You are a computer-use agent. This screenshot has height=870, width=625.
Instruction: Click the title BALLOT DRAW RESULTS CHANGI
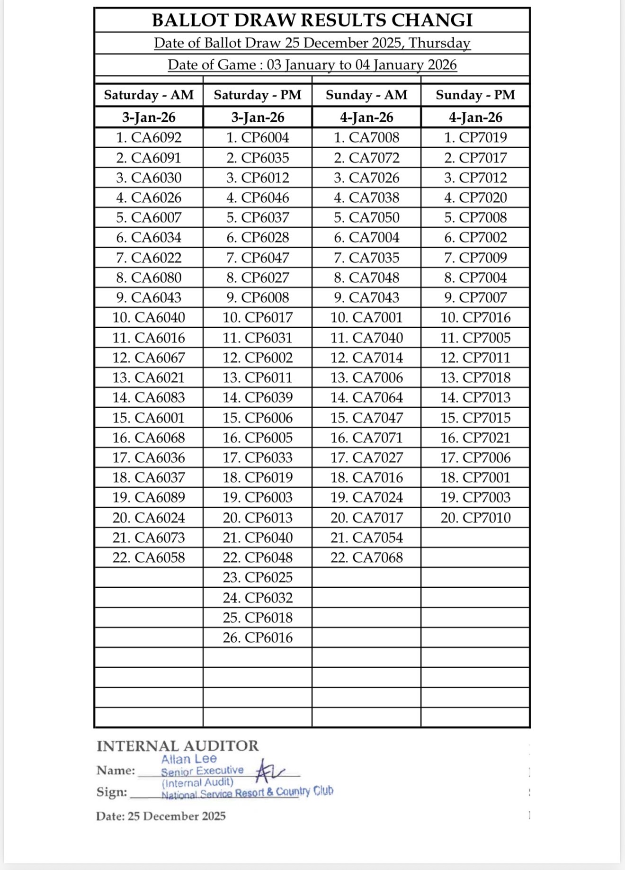click(x=312, y=20)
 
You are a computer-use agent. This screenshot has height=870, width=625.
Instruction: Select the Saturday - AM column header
click(x=149, y=95)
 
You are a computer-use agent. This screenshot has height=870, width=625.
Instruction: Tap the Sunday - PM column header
click(x=475, y=95)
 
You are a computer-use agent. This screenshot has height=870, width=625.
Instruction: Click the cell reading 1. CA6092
click(x=149, y=138)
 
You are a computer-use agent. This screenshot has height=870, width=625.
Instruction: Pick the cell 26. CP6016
click(x=258, y=637)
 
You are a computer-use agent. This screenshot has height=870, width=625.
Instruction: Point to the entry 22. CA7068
click(x=366, y=557)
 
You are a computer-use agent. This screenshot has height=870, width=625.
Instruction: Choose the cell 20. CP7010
click(x=475, y=518)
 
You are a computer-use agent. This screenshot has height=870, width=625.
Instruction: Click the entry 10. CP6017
click(x=258, y=317)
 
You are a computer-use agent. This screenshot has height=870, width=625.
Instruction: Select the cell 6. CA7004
click(x=366, y=237)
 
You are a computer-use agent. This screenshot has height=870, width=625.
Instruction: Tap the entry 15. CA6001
click(x=149, y=418)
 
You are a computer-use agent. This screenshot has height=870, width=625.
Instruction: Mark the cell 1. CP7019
click(x=475, y=138)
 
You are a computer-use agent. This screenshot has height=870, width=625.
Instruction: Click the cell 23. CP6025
click(x=258, y=577)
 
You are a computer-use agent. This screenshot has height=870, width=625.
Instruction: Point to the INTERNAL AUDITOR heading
click(x=178, y=746)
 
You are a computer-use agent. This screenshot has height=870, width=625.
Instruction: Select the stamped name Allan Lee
click(x=188, y=759)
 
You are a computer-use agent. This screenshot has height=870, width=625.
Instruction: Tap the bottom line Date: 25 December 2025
click(x=161, y=816)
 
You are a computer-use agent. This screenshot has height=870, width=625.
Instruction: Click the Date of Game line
click(x=312, y=64)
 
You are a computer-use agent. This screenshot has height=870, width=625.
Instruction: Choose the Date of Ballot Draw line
click(x=312, y=43)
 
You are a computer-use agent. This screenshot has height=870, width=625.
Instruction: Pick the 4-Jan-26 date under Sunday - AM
click(x=366, y=117)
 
